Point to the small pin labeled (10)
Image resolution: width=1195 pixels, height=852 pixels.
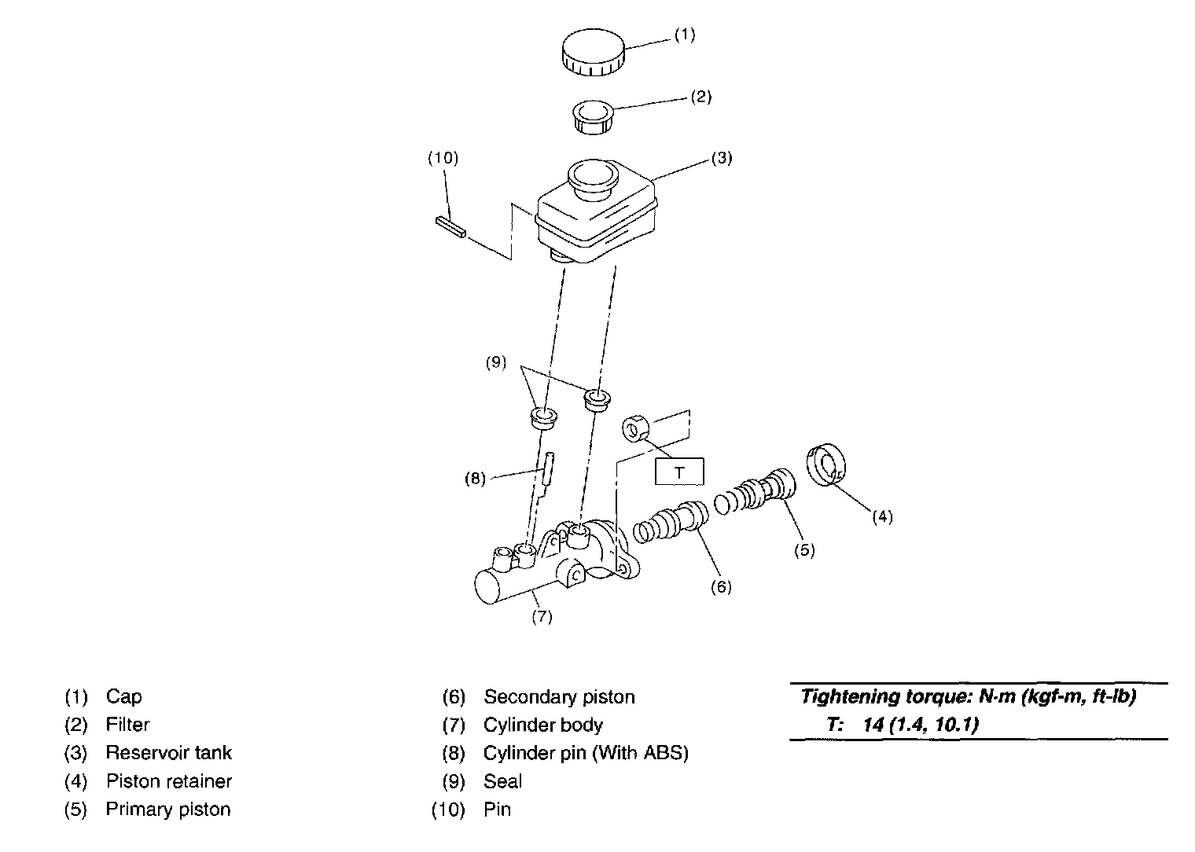[450, 226]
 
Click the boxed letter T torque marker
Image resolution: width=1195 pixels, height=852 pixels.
[679, 472]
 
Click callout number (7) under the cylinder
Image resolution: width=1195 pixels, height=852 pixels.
[542, 617]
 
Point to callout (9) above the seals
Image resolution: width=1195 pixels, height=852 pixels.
[495, 363]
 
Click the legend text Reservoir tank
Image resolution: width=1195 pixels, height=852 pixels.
[169, 753]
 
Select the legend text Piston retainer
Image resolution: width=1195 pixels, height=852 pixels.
[169, 781]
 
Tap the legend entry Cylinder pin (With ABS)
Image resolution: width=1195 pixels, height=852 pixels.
[586, 753]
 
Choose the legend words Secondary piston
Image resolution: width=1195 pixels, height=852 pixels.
[559, 696]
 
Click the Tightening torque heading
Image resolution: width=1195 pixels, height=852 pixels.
[968, 696]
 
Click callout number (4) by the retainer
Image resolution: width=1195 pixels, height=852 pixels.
[882, 516]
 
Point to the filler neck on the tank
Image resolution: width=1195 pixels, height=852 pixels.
[591, 178]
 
